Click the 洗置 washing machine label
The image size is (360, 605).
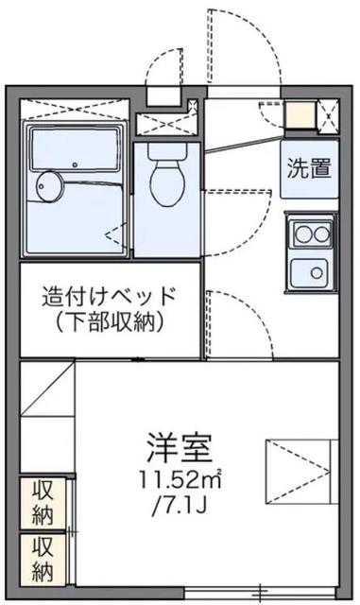coord(309,168)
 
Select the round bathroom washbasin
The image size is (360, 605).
coord(48,186)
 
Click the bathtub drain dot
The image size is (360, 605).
coord(75,164)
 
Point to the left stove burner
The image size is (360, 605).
coord(304,233)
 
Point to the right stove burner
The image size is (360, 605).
coord(321,233)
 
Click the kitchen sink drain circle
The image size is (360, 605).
coord(317,273)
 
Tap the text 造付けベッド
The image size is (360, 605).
coord(110,296)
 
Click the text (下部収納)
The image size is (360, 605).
coord(110,321)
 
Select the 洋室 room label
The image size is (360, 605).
coord(180,448)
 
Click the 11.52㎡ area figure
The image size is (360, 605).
coord(180,481)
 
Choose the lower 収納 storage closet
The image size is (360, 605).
coord(43,560)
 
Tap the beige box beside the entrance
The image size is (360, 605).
coord(300,114)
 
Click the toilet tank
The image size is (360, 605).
coord(167,152)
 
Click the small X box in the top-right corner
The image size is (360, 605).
coord(329,116)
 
